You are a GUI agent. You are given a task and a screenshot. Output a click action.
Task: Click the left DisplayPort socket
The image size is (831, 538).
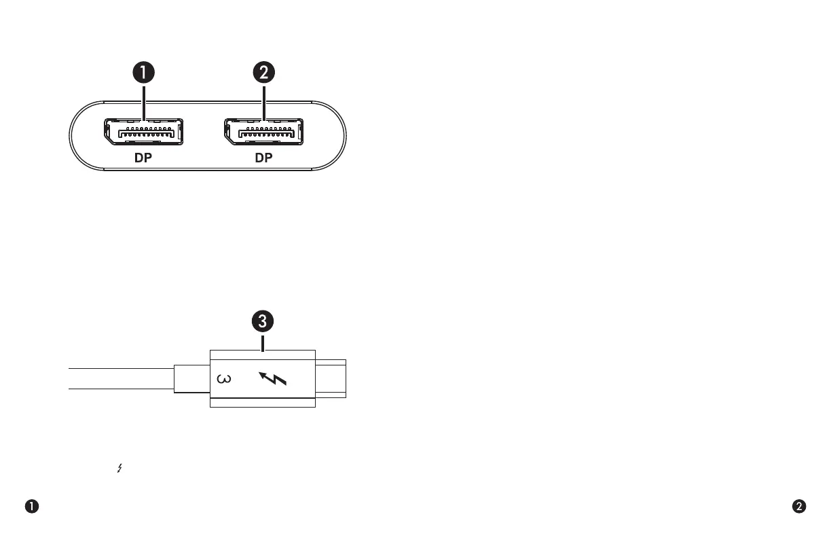pos(144,131)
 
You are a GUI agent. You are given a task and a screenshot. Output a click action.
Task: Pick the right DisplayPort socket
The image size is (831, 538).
pos(264,131)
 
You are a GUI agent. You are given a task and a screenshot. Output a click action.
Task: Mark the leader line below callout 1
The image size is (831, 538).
pos(144,102)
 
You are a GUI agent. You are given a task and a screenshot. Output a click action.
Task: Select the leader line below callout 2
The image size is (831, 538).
pos(264,102)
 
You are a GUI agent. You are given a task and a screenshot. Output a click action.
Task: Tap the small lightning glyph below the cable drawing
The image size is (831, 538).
pos(120,468)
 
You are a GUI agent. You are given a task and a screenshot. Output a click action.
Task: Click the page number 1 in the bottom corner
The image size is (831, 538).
pos(32,506)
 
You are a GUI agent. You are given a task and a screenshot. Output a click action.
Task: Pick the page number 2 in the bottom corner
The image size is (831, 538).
pos(800,506)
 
